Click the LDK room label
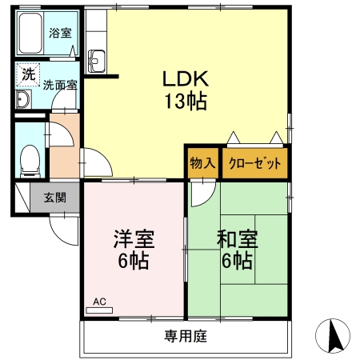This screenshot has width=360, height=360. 186,78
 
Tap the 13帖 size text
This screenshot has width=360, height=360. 186,102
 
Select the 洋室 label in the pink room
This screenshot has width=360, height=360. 133,238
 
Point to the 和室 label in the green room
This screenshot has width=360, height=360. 237,238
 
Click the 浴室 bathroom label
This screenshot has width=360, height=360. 60,33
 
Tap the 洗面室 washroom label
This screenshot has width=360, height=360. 59,84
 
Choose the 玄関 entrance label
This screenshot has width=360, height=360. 55,198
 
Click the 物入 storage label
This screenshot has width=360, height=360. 202,162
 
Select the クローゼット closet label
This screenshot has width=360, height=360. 255,162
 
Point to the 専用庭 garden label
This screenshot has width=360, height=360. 186,337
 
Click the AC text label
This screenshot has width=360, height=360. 99,302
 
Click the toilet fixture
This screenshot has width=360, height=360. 29,157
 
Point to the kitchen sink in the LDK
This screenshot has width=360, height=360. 97,58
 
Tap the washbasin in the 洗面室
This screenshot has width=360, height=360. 22,99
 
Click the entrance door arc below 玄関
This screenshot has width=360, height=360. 62,227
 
